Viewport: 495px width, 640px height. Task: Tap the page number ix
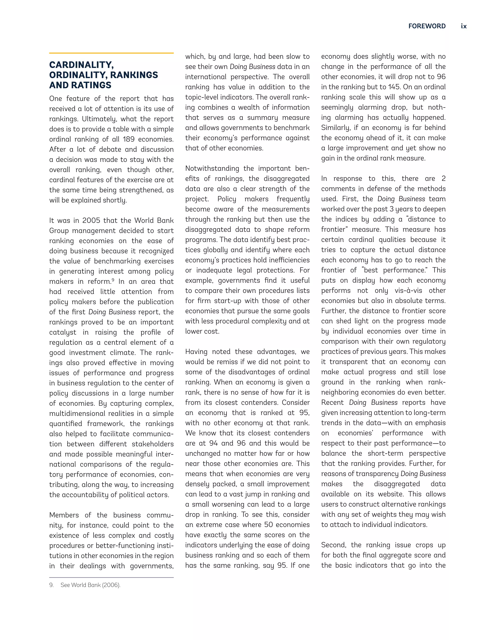click(464, 26)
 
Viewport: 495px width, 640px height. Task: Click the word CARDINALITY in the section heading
click(81, 65)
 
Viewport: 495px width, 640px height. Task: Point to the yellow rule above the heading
click(111, 53)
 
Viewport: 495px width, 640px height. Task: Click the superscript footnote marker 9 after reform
click(113, 280)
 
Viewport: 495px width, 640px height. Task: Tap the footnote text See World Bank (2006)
click(90, 585)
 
